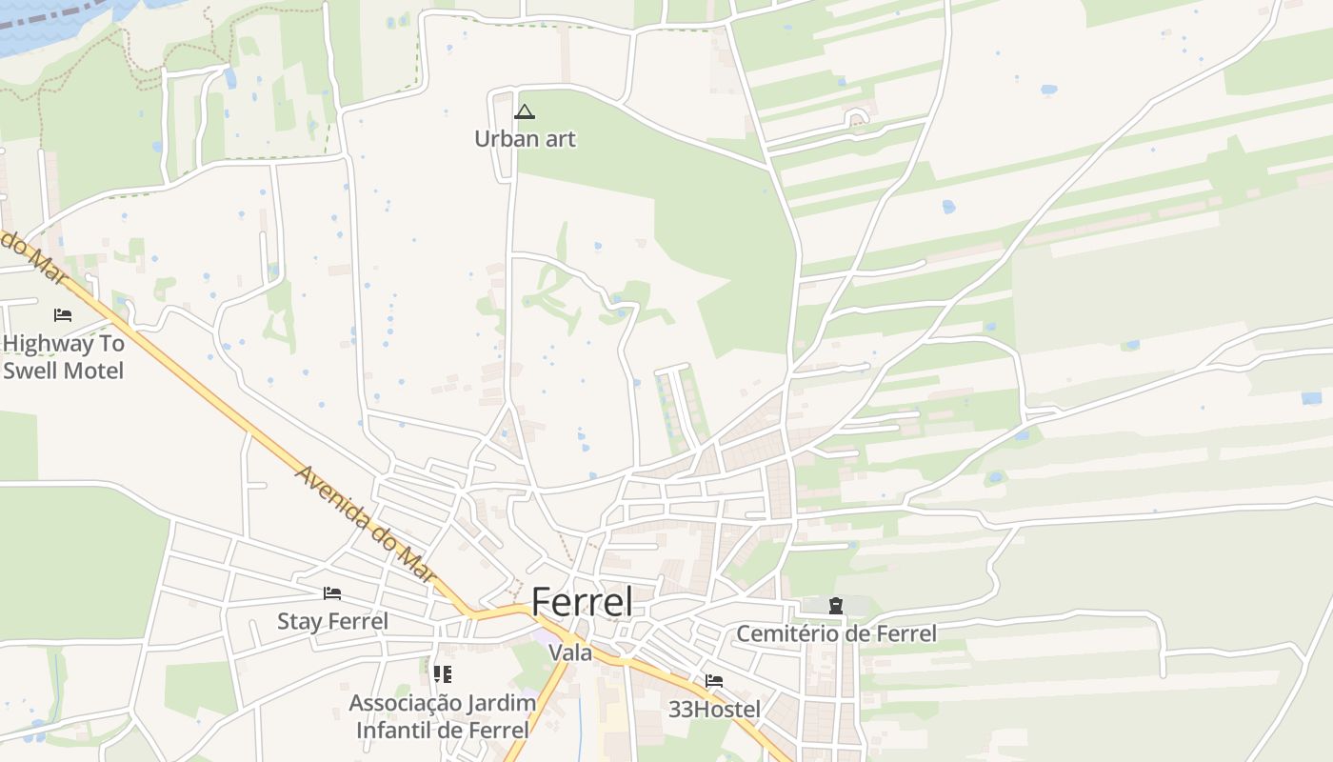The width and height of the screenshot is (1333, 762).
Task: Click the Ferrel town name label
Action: click(x=581, y=602)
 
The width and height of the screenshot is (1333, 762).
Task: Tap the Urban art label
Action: click(x=525, y=139)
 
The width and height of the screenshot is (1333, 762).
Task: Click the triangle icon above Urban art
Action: click(x=525, y=112)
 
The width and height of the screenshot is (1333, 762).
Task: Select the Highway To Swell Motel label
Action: click(x=63, y=357)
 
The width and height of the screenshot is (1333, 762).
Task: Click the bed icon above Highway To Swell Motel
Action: click(x=63, y=314)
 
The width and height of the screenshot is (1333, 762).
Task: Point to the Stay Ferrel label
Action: click(x=332, y=622)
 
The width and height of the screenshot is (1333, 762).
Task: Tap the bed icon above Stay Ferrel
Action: click(x=332, y=592)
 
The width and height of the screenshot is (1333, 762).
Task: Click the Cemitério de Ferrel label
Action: click(x=836, y=633)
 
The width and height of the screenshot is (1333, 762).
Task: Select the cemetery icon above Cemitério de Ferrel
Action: click(x=836, y=605)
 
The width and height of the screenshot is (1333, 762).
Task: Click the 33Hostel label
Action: click(x=714, y=710)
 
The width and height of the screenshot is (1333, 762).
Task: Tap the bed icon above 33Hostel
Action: click(x=714, y=681)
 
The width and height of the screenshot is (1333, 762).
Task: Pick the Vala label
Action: click(x=570, y=653)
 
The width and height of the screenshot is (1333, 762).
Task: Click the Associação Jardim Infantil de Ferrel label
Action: click(x=442, y=716)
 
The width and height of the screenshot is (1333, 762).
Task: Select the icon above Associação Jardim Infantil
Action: click(x=442, y=674)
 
